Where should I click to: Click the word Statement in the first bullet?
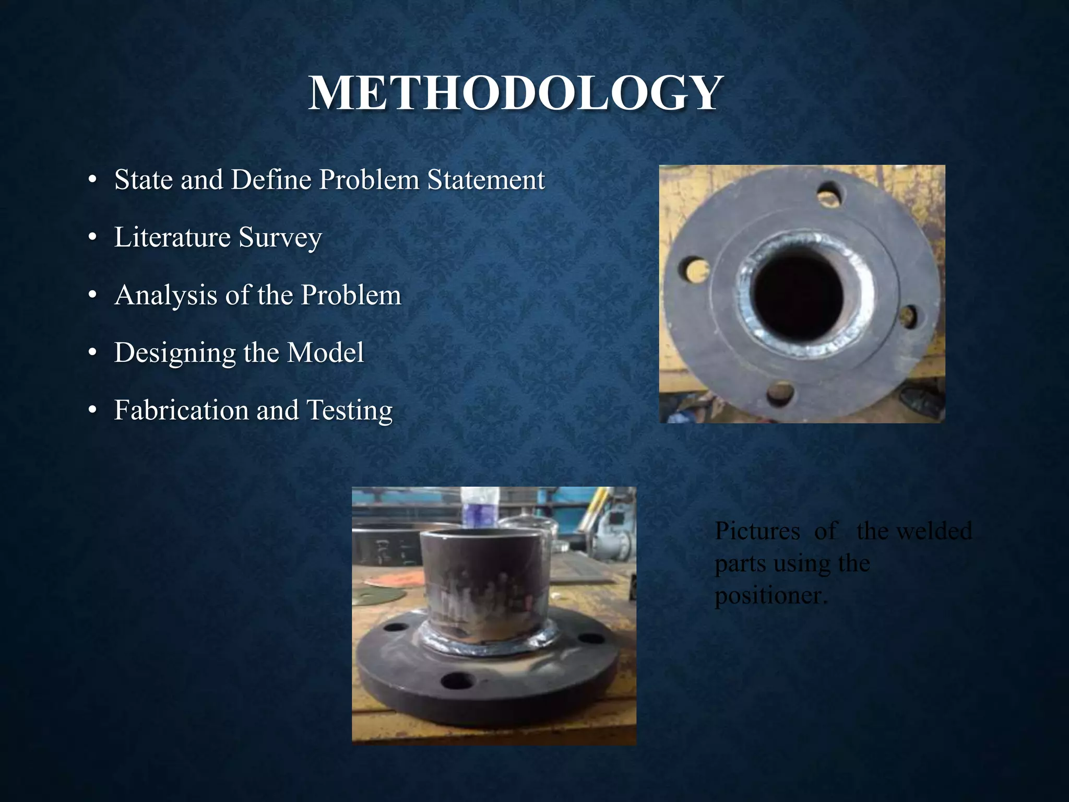click(486, 180)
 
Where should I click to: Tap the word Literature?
click(172, 238)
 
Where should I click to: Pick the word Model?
click(326, 352)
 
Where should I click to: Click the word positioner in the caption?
click(770, 596)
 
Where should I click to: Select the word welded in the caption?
click(933, 531)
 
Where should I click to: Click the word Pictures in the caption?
click(757, 531)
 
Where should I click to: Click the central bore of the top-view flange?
click(799, 298)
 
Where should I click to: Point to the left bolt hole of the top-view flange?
click(694, 270)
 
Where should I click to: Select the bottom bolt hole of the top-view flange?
click(780, 393)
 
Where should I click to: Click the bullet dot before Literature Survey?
click(92, 238)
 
